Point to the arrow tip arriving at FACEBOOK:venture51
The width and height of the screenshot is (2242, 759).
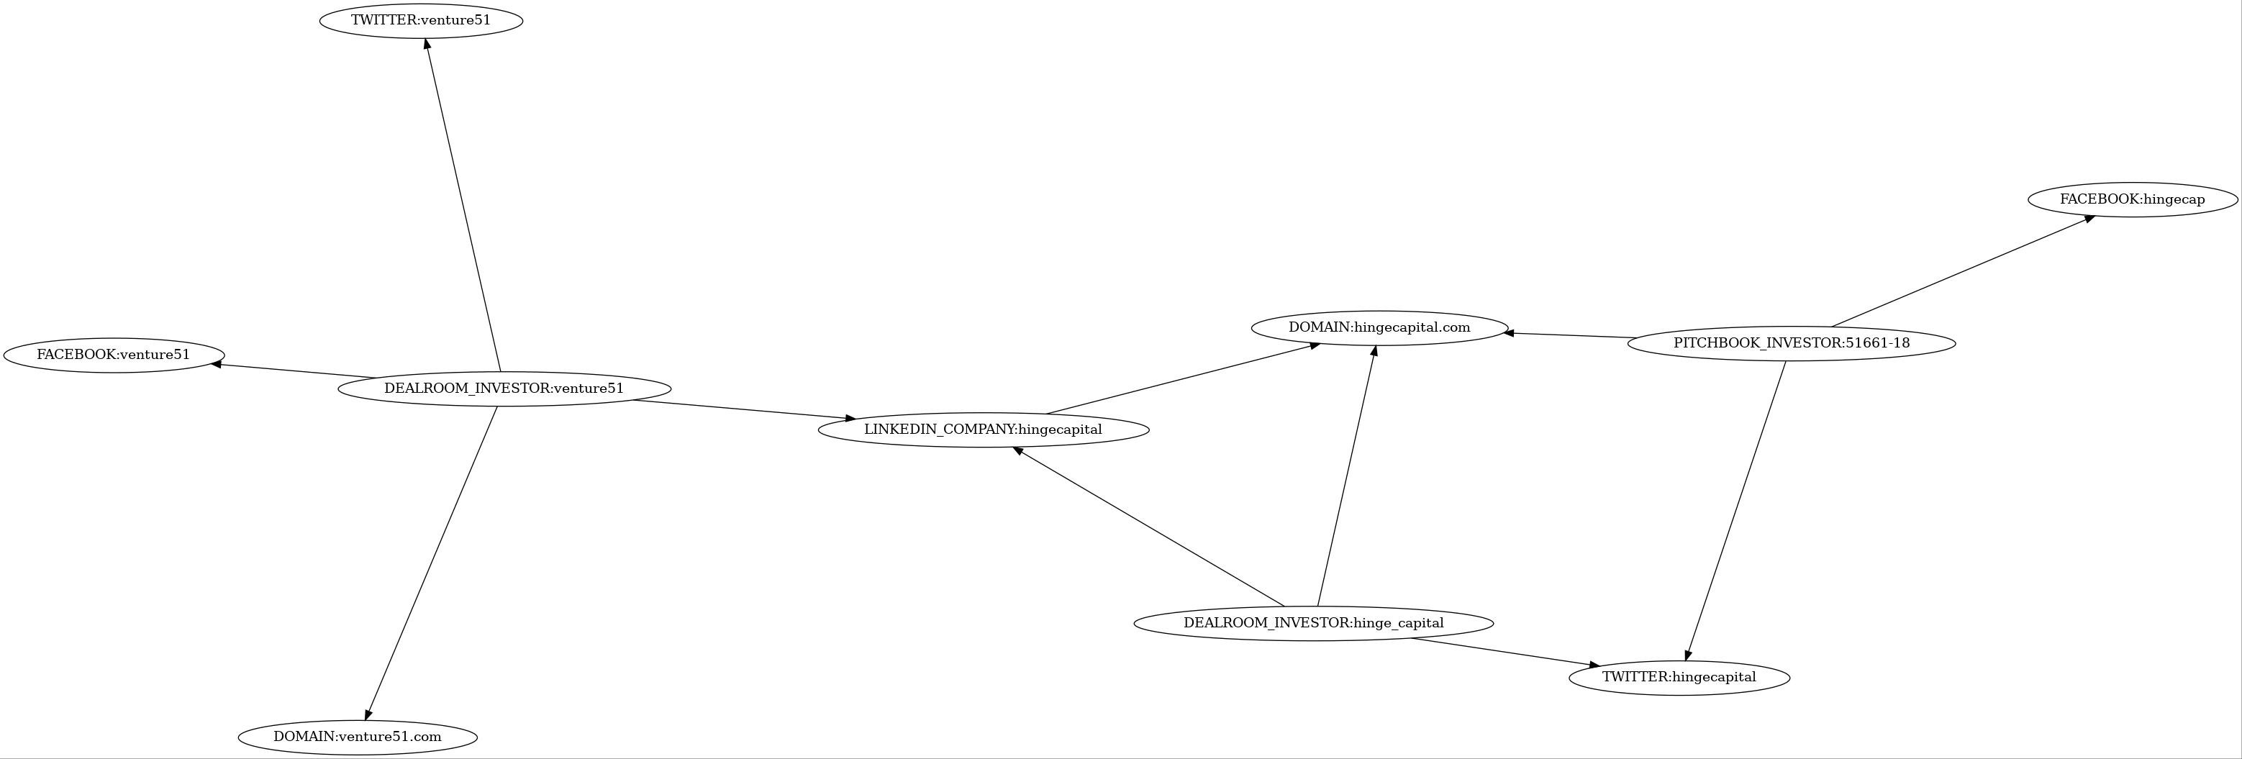pyautogui.click(x=212, y=364)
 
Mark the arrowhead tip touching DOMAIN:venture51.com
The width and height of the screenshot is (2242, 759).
pyautogui.click(x=366, y=720)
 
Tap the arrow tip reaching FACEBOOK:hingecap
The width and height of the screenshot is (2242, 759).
pyautogui.click(x=2095, y=216)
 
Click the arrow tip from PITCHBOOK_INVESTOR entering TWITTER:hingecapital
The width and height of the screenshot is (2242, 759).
pyautogui.click(x=1686, y=660)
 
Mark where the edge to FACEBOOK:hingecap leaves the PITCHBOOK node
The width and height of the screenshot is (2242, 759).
pyautogui.click(x=1831, y=327)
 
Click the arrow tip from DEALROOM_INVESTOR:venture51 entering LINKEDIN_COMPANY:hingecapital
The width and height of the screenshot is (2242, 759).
pyautogui.click(x=855, y=419)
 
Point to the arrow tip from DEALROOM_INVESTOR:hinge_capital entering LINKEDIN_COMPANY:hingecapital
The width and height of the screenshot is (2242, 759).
pyautogui.click(x=1013, y=447)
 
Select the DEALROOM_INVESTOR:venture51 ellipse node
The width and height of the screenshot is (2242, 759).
pyautogui.click(x=504, y=388)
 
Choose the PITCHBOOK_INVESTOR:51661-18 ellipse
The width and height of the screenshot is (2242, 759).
pyautogui.click(x=1791, y=343)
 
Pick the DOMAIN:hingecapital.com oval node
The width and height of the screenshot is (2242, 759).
pyautogui.click(x=1379, y=328)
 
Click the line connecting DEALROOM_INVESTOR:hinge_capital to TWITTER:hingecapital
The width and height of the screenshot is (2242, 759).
pyautogui.click(x=1504, y=653)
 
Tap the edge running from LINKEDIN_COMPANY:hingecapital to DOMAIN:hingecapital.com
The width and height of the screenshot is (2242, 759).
pyautogui.click(x=1183, y=378)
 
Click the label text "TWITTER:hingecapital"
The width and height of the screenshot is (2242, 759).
pyautogui.click(x=1679, y=677)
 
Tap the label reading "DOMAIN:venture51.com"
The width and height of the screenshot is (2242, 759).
pyautogui.click(x=357, y=737)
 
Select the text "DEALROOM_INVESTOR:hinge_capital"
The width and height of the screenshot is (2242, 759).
pyautogui.click(x=1313, y=623)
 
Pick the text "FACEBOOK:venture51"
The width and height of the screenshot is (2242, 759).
pyautogui.click(x=113, y=355)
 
